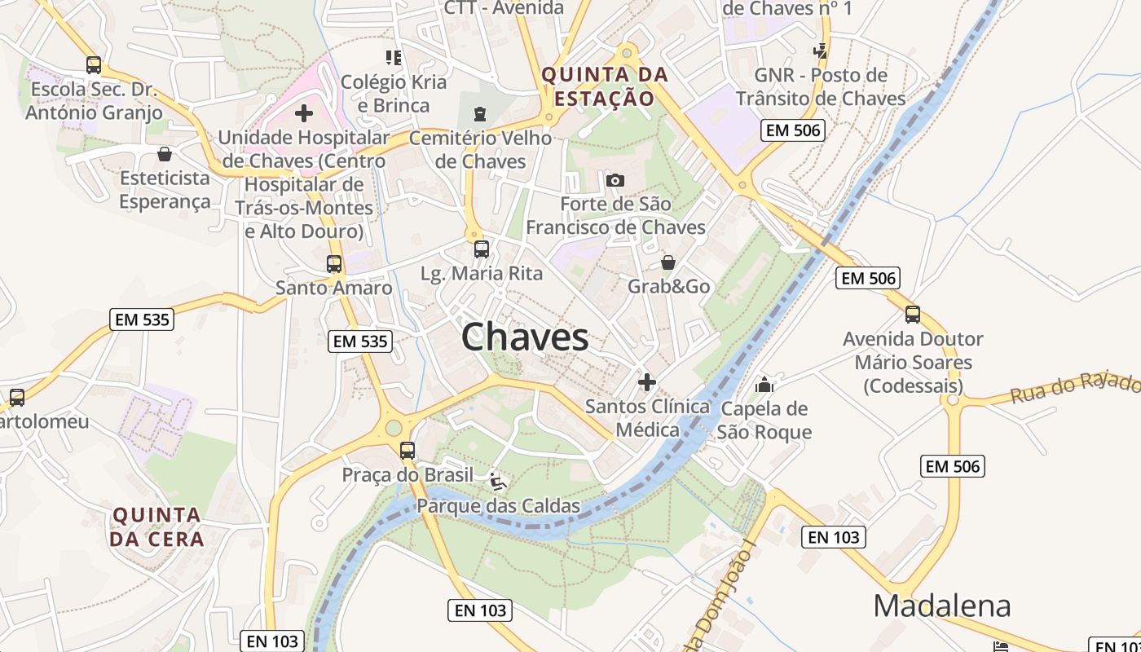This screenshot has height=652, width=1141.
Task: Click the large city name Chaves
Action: click(525, 337)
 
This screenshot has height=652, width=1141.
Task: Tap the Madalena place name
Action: click(941, 606)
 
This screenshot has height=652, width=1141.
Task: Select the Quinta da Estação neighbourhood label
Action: click(606, 87)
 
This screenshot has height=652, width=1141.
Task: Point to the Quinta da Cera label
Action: click(156, 526)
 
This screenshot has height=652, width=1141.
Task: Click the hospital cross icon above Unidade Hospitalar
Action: click(304, 113)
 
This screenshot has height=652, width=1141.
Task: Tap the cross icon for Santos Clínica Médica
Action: click(647, 381)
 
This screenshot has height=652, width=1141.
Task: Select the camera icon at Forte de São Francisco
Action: click(615, 180)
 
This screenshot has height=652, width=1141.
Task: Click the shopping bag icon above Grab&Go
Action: click(668, 262)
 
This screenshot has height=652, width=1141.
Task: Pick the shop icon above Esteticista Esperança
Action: click(165, 154)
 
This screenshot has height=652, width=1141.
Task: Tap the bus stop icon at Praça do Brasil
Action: click(407, 451)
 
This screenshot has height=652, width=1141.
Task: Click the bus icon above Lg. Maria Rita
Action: click(482, 249)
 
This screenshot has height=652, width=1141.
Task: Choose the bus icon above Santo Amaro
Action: click(334, 264)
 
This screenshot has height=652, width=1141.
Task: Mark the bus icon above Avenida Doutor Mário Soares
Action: click(913, 315)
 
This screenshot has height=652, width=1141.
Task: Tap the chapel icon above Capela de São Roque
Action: click(764, 384)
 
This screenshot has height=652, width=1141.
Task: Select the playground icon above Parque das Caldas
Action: click(498, 482)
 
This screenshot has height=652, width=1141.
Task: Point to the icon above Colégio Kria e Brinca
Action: click(394, 57)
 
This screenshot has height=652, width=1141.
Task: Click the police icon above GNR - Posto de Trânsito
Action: click(821, 51)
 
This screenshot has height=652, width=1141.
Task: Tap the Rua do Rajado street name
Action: click(1075, 387)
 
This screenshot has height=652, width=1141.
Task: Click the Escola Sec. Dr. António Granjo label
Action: click(95, 101)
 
